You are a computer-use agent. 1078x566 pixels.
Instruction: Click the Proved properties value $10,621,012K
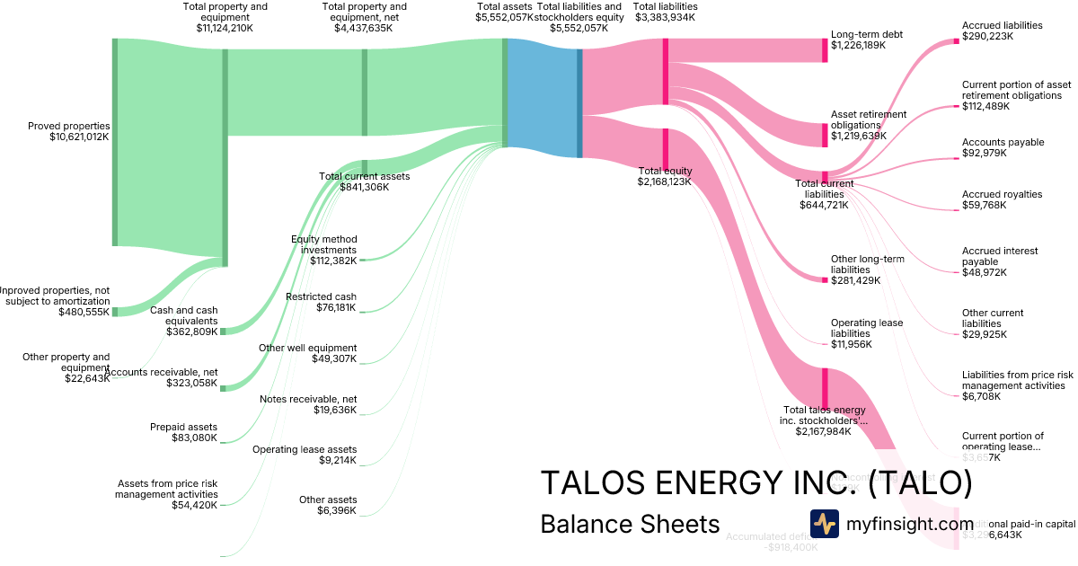click(79, 137)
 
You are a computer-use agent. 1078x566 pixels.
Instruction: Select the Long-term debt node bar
click(825, 50)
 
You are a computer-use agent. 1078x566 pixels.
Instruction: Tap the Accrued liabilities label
click(1002, 25)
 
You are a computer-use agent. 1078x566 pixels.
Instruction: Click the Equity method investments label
click(323, 244)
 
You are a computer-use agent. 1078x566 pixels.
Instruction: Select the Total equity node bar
click(665, 148)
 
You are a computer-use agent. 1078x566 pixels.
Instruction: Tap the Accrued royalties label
click(1002, 194)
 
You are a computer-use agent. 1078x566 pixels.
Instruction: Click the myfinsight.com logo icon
click(824, 524)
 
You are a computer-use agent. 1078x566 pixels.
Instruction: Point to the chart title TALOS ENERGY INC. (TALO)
click(755, 483)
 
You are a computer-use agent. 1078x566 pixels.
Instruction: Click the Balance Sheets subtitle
click(630, 524)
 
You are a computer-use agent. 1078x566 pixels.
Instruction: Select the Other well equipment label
click(307, 348)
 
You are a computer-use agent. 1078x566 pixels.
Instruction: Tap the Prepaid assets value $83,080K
click(194, 438)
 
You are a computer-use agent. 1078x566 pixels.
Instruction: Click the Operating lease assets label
click(304, 449)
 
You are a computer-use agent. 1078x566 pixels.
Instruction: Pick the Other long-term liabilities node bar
click(825, 280)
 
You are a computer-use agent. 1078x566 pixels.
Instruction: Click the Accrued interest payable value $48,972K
click(985, 272)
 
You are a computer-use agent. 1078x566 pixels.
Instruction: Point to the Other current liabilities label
click(993, 318)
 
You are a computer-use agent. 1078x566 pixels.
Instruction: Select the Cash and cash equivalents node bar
click(224, 332)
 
